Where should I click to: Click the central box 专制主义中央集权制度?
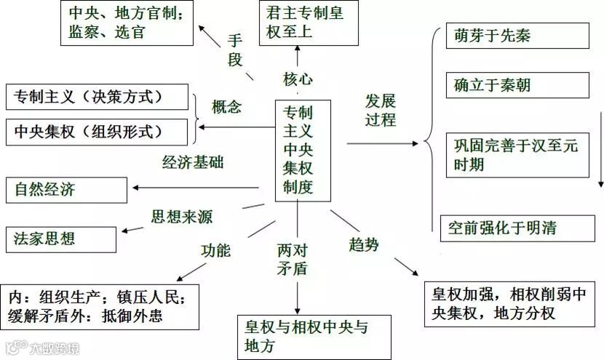pyautogui.click(x=303, y=150)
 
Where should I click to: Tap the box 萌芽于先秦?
pyautogui.click(x=517, y=36)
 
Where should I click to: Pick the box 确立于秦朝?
pyautogui.click(x=517, y=85)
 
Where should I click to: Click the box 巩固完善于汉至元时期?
pyautogui.click(x=517, y=155)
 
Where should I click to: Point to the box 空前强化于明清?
pyautogui.click(x=517, y=228)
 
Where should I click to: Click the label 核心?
pyautogui.click(x=298, y=78)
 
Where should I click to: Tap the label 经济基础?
pyautogui.click(x=193, y=162)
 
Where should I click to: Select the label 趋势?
pyautogui.click(x=363, y=245)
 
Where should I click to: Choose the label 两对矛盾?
pyautogui.click(x=292, y=259)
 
